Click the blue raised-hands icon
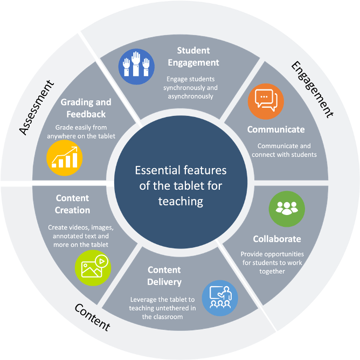pyautogui.click(x=136, y=67)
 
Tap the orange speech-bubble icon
pyautogui.click(x=266, y=101)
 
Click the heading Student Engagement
pyautogui.click(x=193, y=56)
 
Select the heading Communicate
pyautogui.click(x=276, y=129)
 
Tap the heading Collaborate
pyautogui.click(x=277, y=239)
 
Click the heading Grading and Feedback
pyautogui.click(x=86, y=108)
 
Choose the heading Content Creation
pyautogui.click(x=72, y=204)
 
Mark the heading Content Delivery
pyautogui.click(x=164, y=275)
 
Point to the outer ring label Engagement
pyautogui.click(x=313, y=88)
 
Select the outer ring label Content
pyautogui.click(x=92, y=317)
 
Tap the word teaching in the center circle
pyautogui.click(x=181, y=201)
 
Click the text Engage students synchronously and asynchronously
pyautogui.click(x=192, y=87)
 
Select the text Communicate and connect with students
pyautogui.click(x=284, y=150)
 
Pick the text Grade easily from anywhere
pyautogui.click(x=86, y=131)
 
